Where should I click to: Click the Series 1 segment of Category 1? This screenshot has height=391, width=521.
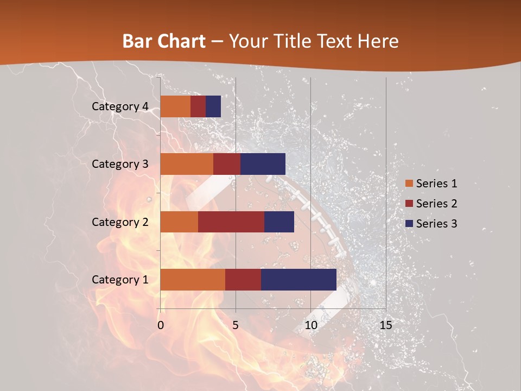[193, 280]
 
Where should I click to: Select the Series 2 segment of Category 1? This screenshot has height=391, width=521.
[243, 280]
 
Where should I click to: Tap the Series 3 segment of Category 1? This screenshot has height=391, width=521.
[298, 280]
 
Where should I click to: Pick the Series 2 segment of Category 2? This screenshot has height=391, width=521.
[231, 222]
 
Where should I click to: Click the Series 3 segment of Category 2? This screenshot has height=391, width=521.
[279, 222]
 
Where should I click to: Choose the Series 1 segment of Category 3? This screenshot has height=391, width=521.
[187, 164]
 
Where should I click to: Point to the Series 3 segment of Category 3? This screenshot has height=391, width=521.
[263, 164]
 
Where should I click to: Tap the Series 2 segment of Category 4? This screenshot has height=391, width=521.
[198, 106]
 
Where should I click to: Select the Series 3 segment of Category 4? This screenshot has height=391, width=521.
[213, 106]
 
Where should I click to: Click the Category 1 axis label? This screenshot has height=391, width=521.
[119, 280]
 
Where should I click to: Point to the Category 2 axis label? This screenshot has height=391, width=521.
[119, 222]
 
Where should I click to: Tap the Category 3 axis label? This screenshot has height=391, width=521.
[119, 164]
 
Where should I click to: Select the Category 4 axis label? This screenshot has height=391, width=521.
[119, 106]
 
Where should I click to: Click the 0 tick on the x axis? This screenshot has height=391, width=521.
[161, 325]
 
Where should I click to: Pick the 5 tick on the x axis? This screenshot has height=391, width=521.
[236, 325]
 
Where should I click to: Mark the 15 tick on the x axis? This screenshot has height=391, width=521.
[385, 325]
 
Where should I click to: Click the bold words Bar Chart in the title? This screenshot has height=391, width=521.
[163, 41]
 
